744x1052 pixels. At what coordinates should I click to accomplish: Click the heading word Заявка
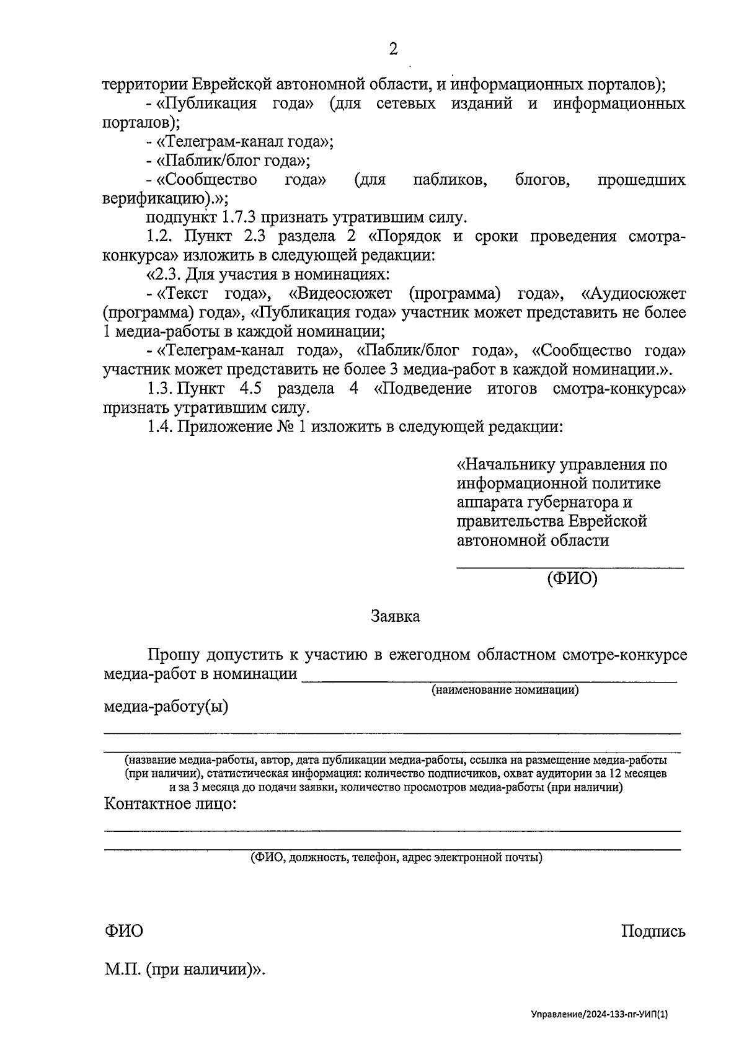click(x=395, y=616)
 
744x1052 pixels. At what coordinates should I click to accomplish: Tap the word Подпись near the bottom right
click(x=653, y=931)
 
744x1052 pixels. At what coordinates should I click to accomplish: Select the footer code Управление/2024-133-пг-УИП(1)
click(x=600, y=1015)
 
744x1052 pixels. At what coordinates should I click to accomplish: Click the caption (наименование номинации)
click(x=505, y=690)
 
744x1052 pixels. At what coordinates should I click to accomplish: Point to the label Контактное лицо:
click(x=170, y=805)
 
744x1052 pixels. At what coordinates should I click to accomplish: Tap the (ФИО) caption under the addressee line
click(x=572, y=579)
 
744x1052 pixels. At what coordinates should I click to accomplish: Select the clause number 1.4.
click(x=159, y=427)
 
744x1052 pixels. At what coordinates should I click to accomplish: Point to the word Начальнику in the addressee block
click(x=506, y=464)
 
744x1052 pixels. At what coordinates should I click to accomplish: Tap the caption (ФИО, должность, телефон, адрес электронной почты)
click(x=396, y=858)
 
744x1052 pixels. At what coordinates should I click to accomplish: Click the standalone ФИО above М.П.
click(x=123, y=931)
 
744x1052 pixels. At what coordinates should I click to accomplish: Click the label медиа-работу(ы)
click(x=166, y=707)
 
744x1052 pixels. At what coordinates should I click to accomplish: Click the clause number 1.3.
click(x=159, y=389)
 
